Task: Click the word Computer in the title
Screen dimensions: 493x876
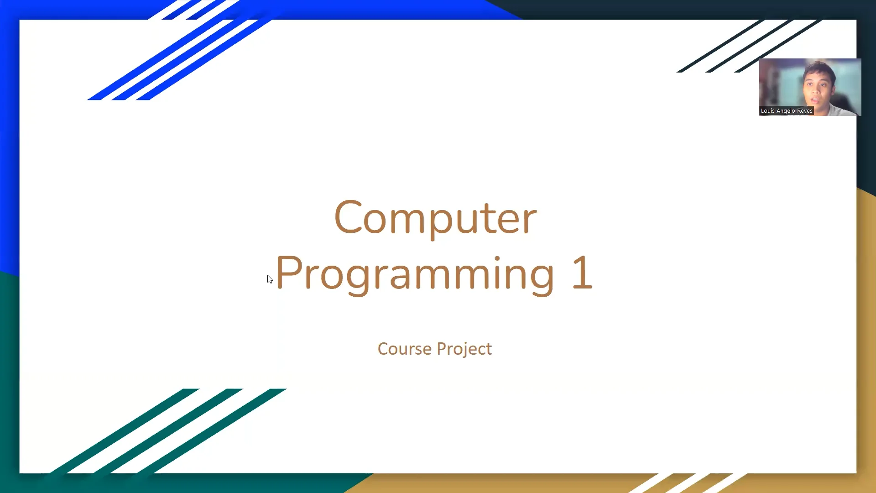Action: coord(435,218)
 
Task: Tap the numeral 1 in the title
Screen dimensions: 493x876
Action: coord(583,273)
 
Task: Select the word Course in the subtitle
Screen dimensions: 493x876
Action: coord(404,349)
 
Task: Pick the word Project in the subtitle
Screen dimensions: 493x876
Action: coord(464,349)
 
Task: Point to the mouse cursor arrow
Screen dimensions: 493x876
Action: coord(269,278)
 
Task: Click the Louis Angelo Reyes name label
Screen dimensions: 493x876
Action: coord(786,111)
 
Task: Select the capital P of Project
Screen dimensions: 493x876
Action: coord(442,349)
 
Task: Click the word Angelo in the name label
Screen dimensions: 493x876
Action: coord(786,111)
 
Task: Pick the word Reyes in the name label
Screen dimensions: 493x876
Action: coord(804,111)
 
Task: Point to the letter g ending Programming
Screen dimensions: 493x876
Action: coord(540,277)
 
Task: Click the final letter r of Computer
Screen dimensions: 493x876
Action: coord(530,221)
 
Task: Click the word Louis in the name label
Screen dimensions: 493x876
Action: coord(767,111)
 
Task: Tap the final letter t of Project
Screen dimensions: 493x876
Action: coord(489,349)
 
